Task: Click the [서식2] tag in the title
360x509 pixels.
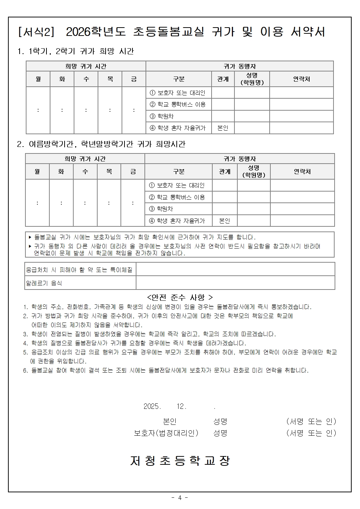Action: pyautogui.click(x=36, y=32)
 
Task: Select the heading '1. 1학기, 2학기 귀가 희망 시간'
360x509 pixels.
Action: pyautogui.click(x=76, y=52)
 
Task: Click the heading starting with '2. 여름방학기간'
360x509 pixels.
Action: pyautogui.click(x=101, y=144)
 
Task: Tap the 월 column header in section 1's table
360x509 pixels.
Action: pyautogui.click(x=38, y=79)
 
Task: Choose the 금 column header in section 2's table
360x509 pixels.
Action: pyautogui.click(x=133, y=171)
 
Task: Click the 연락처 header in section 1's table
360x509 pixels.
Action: pyautogui.click(x=301, y=79)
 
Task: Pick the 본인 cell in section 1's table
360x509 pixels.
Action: pyautogui.click(x=223, y=128)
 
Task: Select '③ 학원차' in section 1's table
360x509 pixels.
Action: pyautogui.click(x=162, y=116)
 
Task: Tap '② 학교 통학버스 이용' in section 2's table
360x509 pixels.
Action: pyautogui.click(x=177, y=197)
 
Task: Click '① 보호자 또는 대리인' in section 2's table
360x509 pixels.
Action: pyautogui.click(x=177, y=185)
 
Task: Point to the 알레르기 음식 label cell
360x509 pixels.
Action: pyautogui.click(x=44, y=283)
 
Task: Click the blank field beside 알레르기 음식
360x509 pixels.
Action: pyautogui.click(x=235, y=283)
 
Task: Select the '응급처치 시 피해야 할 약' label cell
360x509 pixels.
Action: pyautogui.click(x=79, y=270)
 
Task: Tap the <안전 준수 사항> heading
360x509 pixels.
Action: pyautogui.click(x=180, y=297)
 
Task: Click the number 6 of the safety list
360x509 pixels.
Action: pyautogui.click(x=25, y=370)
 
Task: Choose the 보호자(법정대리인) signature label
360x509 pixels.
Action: pyautogui.click(x=166, y=433)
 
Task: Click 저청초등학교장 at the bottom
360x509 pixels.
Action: pyautogui.click(x=180, y=461)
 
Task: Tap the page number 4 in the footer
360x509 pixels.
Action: pyautogui.click(x=180, y=498)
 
